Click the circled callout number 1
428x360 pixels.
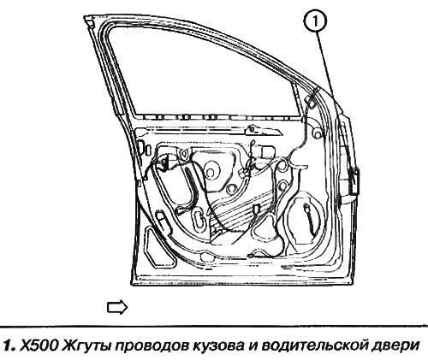(x=315, y=21)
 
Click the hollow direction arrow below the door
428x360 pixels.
(x=117, y=307)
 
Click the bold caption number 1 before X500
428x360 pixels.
(x=9, y=345)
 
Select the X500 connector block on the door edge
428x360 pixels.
(x=354, y=181)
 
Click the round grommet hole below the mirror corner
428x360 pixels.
(x=317, y=133)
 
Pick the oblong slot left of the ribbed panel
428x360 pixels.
(x=198, y=219)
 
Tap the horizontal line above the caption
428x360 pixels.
(x=214, y=326)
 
